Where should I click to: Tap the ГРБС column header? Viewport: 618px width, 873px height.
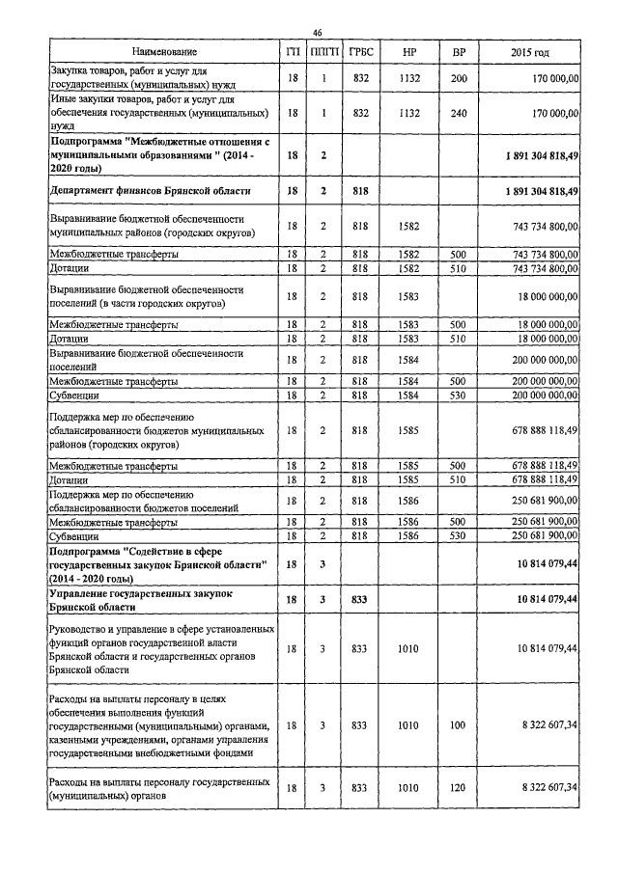click(362, 50)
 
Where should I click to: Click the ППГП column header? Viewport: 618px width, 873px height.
click(324, 50)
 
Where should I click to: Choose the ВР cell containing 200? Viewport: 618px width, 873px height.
click(459, 77)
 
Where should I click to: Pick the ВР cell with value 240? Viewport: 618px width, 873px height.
click(459, 113)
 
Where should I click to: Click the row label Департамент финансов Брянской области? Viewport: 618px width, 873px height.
click(148, 191)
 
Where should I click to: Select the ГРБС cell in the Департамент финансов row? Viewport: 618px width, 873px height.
click(362, 191)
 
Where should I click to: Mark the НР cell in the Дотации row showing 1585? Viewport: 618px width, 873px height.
click(408, 478)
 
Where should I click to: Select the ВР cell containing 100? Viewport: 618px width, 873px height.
click(459, 723)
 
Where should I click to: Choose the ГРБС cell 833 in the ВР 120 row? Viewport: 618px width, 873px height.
click(362, 788)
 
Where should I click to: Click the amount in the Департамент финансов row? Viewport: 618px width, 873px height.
click(541, 191)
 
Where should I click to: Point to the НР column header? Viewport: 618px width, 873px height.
click(408, 50)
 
